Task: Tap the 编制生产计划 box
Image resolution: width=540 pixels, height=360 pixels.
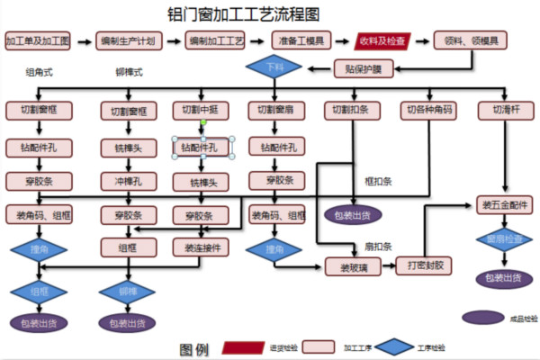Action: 129,41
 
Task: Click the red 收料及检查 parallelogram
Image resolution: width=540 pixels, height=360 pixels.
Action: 382,41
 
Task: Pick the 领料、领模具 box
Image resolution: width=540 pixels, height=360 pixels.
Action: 471,41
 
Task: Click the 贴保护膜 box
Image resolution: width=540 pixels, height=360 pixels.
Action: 364,68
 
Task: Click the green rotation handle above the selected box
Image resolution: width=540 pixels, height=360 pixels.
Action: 203,121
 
